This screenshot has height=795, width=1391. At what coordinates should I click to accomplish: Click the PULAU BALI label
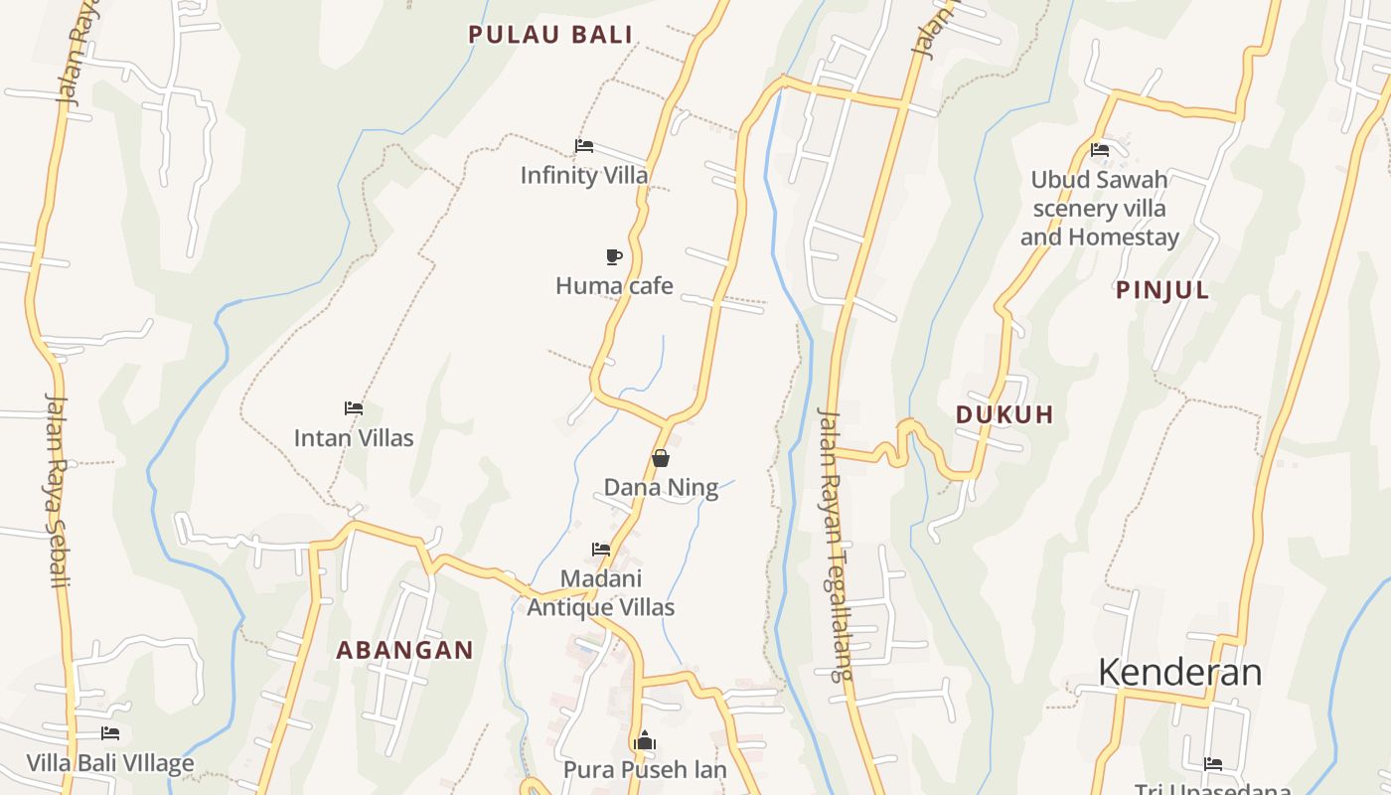click(550, 35)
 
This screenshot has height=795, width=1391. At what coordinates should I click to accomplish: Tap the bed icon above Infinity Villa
click(584, 146)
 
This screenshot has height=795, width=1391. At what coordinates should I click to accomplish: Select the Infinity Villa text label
click(584, 176)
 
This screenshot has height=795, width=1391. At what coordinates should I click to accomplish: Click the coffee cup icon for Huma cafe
click(614, 256)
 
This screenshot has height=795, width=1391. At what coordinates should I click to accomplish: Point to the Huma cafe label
click(614, 286)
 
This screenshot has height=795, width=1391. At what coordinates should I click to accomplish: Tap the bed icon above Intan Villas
click(354, 407)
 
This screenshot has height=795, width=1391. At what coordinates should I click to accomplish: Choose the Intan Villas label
click(354, 438)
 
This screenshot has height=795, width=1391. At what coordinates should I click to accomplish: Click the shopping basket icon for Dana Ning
click(661, 458)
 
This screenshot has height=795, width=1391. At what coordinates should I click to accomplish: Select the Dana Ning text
click(661, 488)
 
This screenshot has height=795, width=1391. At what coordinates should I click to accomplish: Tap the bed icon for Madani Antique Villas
click(601, 549)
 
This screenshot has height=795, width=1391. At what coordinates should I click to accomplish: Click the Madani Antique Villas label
click(601, 593)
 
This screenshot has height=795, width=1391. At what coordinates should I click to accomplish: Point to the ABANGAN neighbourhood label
click(404, 651)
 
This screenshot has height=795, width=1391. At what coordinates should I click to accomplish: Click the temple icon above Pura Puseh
click(645, 741)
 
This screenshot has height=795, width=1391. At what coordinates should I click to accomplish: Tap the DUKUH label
click(1005, 414)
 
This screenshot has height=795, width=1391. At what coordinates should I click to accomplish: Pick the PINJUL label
click(1162, 290)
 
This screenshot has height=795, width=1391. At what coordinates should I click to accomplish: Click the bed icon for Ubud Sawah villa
click(1100, 150)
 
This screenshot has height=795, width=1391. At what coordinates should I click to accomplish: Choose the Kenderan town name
click(1179, 673)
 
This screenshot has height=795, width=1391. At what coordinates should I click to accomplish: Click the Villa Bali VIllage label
click(110, 763)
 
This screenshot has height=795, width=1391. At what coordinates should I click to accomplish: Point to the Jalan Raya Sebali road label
click(58, 490)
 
